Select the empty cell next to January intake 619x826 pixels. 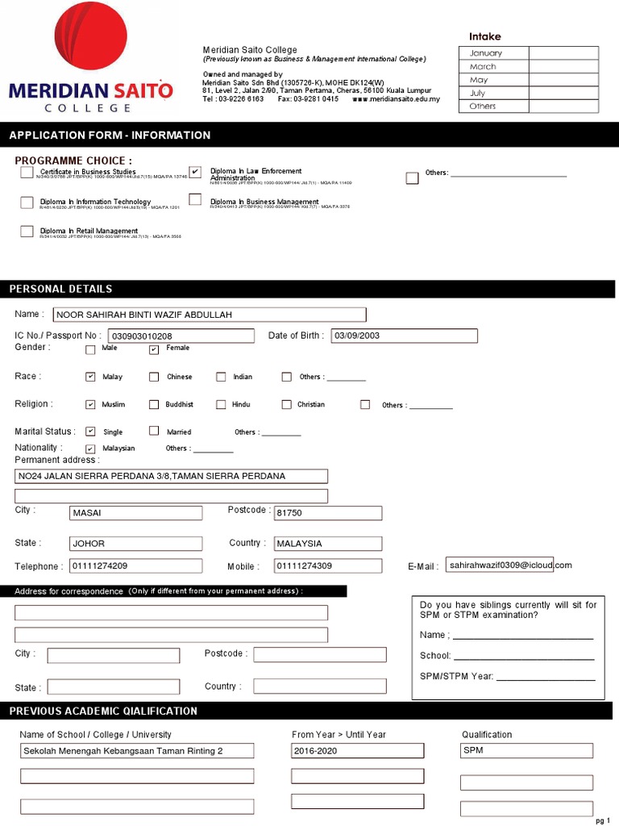[x=563, y=53]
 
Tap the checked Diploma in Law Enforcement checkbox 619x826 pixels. [x=195, y=172]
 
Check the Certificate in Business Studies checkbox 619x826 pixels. [x=27, y=172]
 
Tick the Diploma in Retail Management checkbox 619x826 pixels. [x=27, y=232]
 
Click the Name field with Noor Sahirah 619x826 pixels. [x=209, y=315]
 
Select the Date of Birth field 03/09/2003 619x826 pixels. [x=404, y=336]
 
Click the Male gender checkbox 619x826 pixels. [x=90, y=349]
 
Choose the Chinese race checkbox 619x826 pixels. [x=154, y=377]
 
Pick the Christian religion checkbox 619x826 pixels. [x=286, y=404]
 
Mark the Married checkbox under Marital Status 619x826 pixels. [x=154, y=432]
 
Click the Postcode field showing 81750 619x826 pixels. [x=327, y=513]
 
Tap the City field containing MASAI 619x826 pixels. [x=135, y=513]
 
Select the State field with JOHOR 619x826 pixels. [x=135, y=544]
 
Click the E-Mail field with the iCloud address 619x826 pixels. [x=500, y=565]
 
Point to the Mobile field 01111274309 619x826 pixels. [x=327, y=566]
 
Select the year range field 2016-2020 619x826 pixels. [x=357, y=751]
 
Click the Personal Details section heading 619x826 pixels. [x=61, y=289]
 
